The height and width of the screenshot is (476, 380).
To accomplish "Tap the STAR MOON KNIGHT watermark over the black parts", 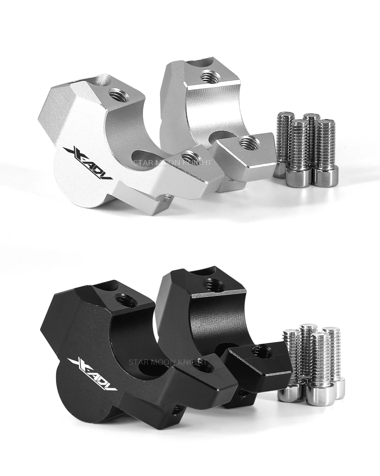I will (168, 362).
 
